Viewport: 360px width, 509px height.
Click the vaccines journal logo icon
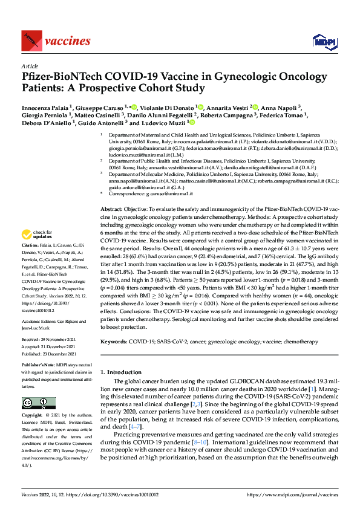click(x=30, y=42)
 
